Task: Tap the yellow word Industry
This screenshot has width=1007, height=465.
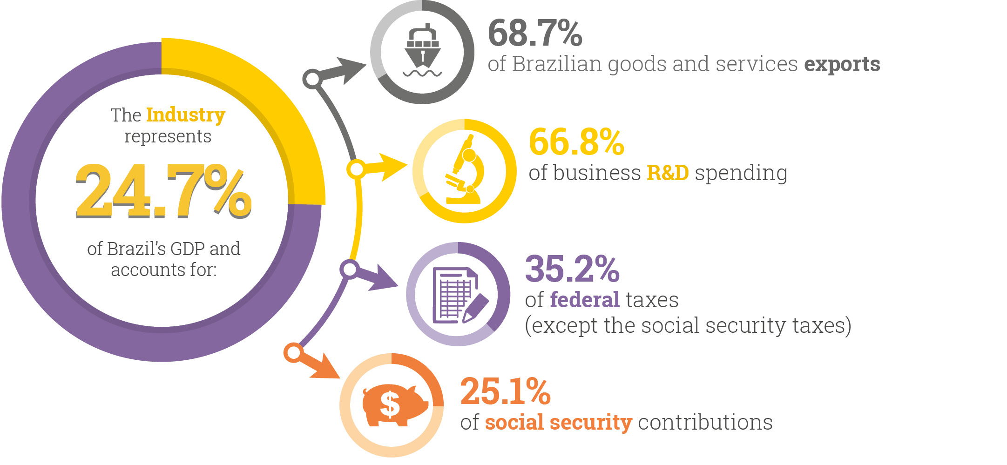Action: pyautogui.click(x=185, y=115)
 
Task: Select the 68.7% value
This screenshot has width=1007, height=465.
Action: pyautogui.click(x=535, y=34)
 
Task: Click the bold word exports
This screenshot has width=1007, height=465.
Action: pyautogui.click(x=842, y=64)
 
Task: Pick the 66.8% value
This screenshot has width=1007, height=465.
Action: pyautogui.click(x=576, y=142)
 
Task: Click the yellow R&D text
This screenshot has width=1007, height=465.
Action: pyautogui.click(x=668, y=173)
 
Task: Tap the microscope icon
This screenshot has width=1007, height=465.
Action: pyautogui.click(x=464, y=170)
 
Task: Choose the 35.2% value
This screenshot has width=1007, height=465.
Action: pyautogui.click(x=572, y=269)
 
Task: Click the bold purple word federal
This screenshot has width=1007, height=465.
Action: pyautogui.click(x=585, y=300)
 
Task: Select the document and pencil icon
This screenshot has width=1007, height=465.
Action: pyautogui.click(x=458, y=295)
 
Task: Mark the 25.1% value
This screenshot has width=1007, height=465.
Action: pyautogui.click(x=505, y=391)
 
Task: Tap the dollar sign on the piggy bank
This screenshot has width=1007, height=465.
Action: pyautogui.click(x=390, y=404)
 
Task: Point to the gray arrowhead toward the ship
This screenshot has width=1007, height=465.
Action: pyautogui.click(x=349, y=70)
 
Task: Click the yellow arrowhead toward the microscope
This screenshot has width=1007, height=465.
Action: pyautogui.click(x=391, y=167)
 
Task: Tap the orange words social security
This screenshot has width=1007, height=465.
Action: pyautogui.click(x=558, y=423)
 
